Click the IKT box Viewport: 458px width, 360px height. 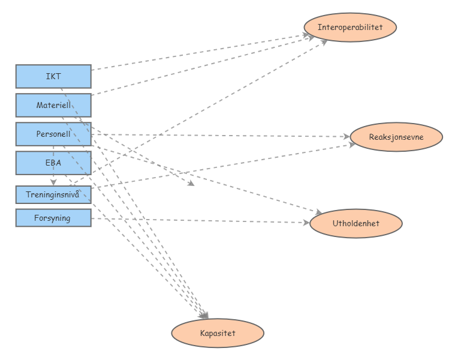pyautogui.click(x=53, y=76)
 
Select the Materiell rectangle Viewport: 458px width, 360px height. pyautogui.click(x=53, y=105)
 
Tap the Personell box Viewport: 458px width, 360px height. pyautogui.click(x=53, y=134)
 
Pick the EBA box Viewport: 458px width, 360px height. pyautogui.click(x=53, y=163)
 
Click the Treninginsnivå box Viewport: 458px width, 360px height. pyautogui.click(x=53, y=194)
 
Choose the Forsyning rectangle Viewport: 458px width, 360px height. pyautogui.click(x=53, y=218)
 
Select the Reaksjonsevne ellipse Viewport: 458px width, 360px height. pyautogui.click(x=396, y=137)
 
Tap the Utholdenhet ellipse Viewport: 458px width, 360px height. pyautogui.click(x=355, y=224)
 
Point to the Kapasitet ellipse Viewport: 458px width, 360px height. pyautogui.click(x=218, y=333)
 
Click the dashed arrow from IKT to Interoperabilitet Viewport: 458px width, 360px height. pyautogui.click(x=198, y=53)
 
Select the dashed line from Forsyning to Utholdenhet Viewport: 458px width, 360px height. pyautogui.click(x=198, y=221)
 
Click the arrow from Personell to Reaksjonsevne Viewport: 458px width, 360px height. pyautogui.click(x=222, y=136)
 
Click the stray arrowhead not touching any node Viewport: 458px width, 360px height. pyautogui.click(x=191, y=184)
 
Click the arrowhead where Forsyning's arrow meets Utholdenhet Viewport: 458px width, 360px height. pyautogui.click(x=305, y=223)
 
